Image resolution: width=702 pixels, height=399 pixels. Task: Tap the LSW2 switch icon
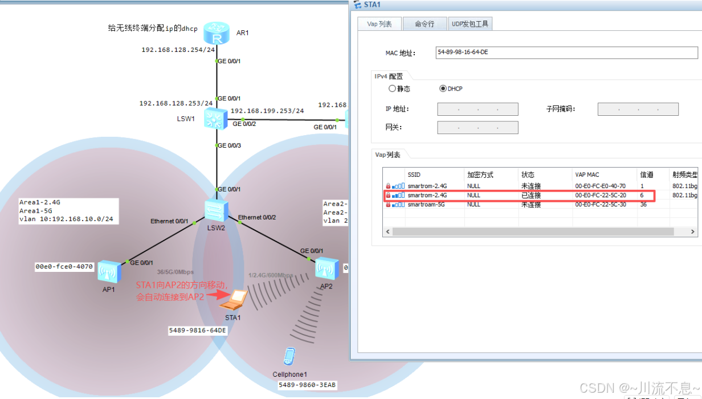217,210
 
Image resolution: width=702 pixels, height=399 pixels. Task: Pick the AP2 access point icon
326,268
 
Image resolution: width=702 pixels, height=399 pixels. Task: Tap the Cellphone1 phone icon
289,356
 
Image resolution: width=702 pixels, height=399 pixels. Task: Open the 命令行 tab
425,24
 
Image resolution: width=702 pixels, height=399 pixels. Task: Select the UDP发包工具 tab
470,24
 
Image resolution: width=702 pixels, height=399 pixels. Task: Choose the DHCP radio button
443,89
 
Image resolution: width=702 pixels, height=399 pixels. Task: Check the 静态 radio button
392,89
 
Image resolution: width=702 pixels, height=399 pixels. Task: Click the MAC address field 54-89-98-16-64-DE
566,52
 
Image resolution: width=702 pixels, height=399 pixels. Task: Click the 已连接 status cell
531,196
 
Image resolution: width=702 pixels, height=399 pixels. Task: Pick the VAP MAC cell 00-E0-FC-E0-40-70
600,186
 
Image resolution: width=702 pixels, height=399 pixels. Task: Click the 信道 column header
647,175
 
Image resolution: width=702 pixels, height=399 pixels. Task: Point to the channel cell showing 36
643,205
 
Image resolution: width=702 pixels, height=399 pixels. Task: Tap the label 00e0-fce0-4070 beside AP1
64,266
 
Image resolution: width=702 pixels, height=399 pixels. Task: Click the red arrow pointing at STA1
215,295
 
